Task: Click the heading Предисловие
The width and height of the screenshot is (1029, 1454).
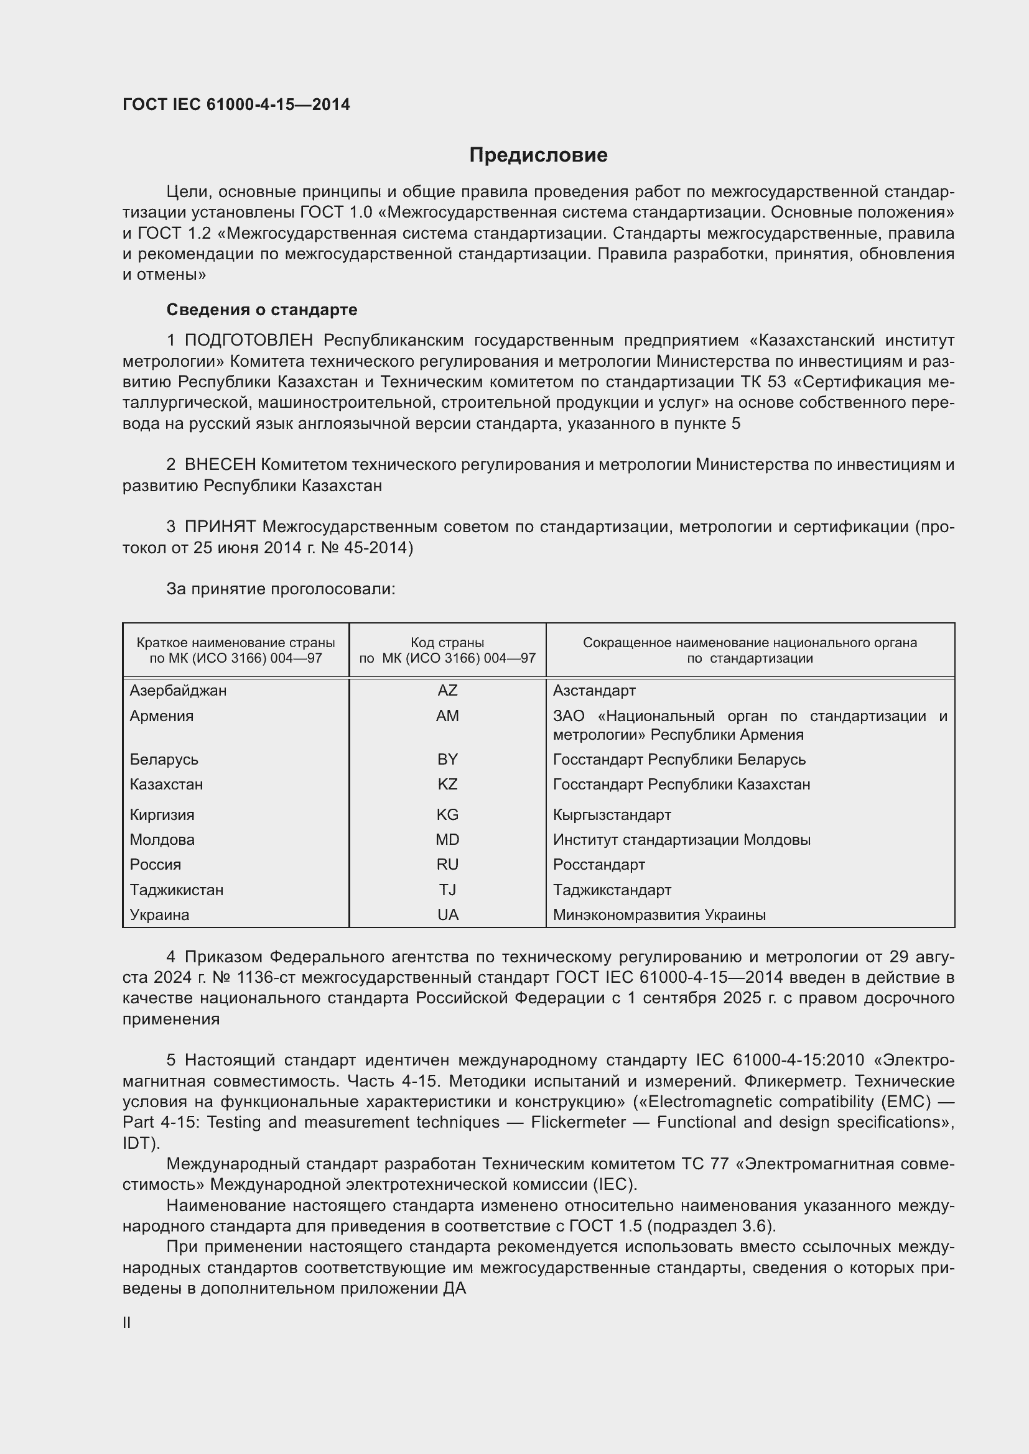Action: point(538,155)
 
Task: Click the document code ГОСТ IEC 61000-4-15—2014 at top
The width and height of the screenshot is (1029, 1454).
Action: point(236,104)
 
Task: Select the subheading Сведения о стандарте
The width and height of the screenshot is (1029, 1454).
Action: point(262,310)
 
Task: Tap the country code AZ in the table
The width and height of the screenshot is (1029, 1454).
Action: point(447,690)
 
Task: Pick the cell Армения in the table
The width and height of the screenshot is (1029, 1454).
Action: point(162,715)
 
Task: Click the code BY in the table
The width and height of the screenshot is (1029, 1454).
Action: point(447,759)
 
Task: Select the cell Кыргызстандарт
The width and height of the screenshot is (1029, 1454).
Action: point(612,814)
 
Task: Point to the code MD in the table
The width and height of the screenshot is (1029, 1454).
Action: point(447,840)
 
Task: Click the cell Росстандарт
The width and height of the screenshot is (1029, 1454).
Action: point(598,865)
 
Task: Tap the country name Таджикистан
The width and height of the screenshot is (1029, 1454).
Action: point(176,890)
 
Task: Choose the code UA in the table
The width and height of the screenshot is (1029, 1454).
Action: point(447,914)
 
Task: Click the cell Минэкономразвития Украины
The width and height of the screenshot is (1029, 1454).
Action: point(659,914)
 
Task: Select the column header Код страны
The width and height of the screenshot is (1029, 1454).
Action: point(447,643)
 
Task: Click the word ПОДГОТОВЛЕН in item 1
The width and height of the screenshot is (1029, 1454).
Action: point(248,341)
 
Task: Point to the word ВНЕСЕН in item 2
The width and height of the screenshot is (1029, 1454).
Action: point(220,465)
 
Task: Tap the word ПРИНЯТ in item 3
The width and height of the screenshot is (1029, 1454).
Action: point(220,527)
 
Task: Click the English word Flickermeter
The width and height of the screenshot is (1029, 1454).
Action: point(578,1122)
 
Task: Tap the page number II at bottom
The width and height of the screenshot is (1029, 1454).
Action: point(127,1323)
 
